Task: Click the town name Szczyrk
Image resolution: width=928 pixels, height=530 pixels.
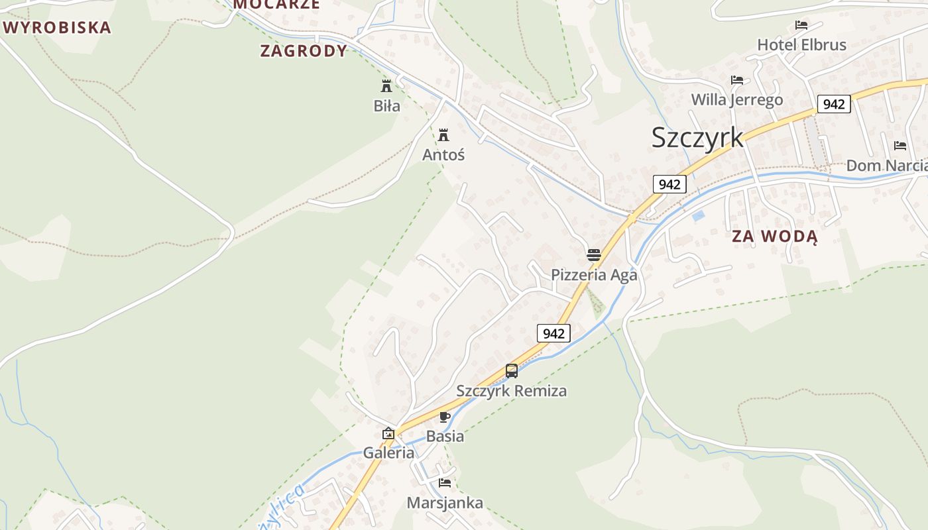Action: pyautogui.click(x=697, y=138)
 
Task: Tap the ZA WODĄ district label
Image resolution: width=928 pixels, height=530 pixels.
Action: pyautogui.click(x=775, y=237)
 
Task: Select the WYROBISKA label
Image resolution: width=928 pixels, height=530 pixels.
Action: pyautogui.click(x=57, y=28)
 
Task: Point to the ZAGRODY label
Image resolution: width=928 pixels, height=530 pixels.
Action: pyautogui.click(x=304, y=51)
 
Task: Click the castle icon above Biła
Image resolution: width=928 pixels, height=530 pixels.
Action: pyautogui.click(x=386, y=85)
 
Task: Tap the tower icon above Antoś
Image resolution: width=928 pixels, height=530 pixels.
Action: pyautogui.click(x=443, y=135)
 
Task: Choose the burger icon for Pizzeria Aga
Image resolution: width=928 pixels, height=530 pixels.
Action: pyautogui.click(x=593, y=255)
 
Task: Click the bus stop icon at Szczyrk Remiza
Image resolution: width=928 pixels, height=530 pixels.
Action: pyautogui.click(x=512, y=371)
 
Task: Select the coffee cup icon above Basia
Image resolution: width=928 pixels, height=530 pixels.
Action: pyautogui.click(x=444, y=417)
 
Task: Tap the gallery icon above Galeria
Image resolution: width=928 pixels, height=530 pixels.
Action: pyautogui.click(x=388, y=434)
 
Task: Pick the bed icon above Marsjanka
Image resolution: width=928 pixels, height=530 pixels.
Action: pyautogui.click(x=445, y=483)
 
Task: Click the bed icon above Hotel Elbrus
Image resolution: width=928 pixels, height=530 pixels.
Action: pyautogui.click(x=801, y=26)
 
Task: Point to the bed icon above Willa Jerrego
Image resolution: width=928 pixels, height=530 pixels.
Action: pyautogui.click(x=737, y=80)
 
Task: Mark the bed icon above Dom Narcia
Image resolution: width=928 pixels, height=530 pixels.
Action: pyautogui.click(x=900, y=146)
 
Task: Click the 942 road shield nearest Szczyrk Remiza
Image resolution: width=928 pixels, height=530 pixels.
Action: pyautogui.click(x=553, y=333)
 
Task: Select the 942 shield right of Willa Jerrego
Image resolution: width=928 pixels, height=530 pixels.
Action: pyautogui.click(x=834, y=104)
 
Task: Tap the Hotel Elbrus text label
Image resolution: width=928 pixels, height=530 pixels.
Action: pyautogui.click(x=802, y=45)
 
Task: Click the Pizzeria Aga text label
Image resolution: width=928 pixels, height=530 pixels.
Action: pyautogui.click(x=594, y=275)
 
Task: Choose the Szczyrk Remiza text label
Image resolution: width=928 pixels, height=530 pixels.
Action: pyautogui.click(x=511, y=391)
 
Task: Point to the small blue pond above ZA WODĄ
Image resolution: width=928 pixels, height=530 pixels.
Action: pyautogui.click(x=698, y=215)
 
